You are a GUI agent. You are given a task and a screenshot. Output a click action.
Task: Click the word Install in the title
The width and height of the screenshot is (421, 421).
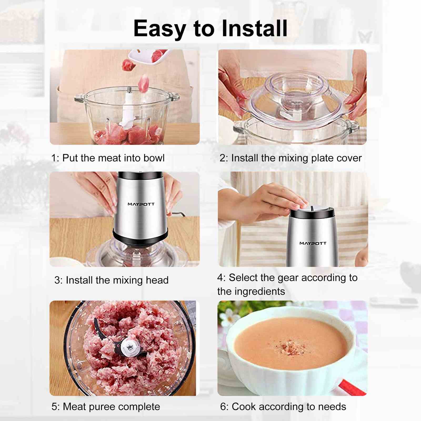pos(254,28)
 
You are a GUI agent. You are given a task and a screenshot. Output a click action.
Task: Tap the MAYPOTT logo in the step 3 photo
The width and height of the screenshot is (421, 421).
pos(141,204)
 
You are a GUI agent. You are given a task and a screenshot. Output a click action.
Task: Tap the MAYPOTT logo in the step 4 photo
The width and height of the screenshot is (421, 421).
pos(313,243)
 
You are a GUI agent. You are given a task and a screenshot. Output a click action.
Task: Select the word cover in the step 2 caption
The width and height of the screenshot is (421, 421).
pos(349,158)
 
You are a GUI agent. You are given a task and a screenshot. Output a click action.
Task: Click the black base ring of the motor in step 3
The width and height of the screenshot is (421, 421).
pos(140,238)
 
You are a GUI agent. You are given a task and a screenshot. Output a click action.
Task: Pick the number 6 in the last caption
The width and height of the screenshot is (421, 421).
pos(223,407)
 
